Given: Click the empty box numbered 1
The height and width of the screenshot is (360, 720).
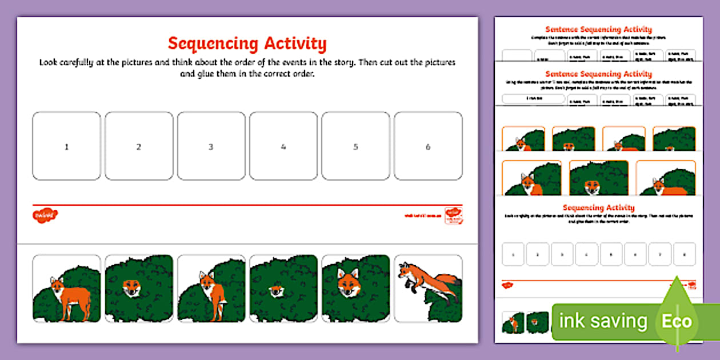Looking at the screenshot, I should point(66,146).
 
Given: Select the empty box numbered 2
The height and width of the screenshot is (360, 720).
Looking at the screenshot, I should point(139,146).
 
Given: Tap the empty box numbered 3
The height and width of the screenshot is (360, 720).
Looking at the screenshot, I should point(211,146).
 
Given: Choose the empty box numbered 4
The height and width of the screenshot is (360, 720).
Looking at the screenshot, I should point(283,146).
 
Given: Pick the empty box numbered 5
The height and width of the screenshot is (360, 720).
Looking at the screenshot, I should point(355,146).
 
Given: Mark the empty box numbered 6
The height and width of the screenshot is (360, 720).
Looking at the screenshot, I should point(428,146).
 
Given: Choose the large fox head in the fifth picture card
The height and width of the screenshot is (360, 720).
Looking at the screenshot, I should point(348,282).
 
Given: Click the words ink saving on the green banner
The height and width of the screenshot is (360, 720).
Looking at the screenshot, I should point(603,321).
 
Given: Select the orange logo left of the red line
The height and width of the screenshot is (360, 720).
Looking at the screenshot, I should point(45,215).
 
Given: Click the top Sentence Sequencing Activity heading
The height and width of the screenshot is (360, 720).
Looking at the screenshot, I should point(598,29).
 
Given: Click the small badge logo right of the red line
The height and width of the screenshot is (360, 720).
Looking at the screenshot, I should point(454,215).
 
